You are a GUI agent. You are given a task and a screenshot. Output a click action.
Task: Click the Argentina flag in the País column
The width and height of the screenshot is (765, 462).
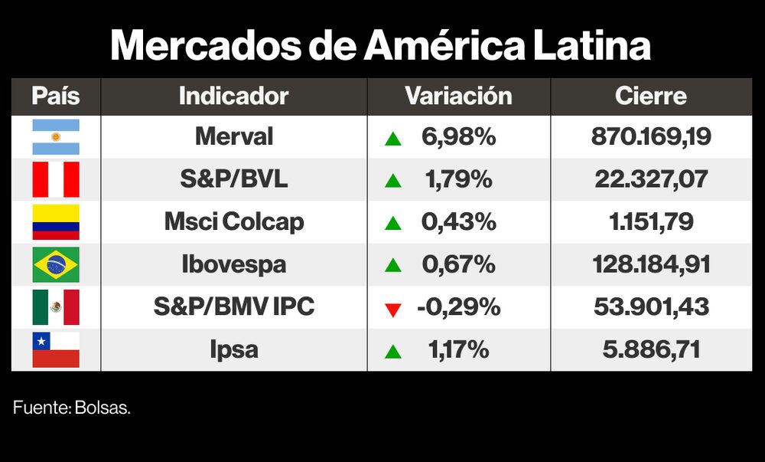[56, 137]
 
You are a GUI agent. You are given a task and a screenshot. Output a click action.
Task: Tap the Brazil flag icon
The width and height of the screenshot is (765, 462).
[56, 265]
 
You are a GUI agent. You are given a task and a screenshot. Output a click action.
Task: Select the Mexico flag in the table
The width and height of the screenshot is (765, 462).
[56, 307]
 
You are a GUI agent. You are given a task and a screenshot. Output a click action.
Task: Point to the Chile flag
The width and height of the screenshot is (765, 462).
[56, 350]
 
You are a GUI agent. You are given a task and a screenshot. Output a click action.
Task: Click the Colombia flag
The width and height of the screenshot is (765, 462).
[56, 222]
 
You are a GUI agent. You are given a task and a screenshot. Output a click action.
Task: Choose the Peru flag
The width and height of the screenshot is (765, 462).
[56, 180]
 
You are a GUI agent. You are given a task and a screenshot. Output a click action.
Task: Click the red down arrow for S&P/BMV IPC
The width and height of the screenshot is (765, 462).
[393, 309]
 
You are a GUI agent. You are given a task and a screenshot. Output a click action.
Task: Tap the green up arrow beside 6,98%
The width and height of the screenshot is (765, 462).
[393, 139]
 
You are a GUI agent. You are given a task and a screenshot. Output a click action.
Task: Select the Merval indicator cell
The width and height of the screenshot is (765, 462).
[234, 137]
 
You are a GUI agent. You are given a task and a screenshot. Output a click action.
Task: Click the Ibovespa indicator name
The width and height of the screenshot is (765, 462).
[234, 265]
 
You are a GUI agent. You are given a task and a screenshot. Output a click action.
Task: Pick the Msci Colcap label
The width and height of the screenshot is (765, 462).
[234, 222]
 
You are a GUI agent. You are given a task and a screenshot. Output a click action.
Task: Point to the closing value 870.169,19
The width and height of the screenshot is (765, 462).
[651, 137]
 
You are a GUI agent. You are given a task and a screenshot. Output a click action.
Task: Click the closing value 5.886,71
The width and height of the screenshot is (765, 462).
[651, 350]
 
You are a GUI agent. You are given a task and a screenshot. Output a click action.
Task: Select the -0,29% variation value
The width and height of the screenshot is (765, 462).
[459, 307]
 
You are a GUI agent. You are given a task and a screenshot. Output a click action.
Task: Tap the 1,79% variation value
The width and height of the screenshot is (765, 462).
[459, 180]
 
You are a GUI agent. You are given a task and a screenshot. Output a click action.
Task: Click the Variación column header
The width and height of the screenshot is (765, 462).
[458, 97]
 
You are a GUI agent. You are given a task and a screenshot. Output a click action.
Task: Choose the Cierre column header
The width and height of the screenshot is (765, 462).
[651, 97]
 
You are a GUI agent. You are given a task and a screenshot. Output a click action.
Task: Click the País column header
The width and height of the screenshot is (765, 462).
[56, 97]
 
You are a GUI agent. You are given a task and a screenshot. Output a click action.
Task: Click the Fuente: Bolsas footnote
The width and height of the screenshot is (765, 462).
[72, 408]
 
